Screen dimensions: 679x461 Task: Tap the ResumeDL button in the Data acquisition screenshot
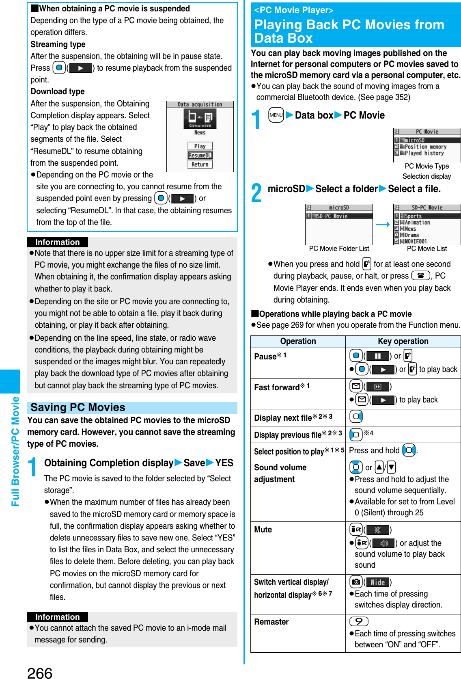[200, 155]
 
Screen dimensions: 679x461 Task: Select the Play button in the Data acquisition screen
[200, 146]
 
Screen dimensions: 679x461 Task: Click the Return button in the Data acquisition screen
[200, 164]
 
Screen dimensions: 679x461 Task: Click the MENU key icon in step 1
[276, 115]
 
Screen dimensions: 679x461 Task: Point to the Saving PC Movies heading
[78, 407]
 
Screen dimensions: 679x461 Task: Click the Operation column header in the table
[298, 341]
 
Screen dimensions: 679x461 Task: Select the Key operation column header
[403, 341]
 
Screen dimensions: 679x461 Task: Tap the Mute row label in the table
[263, 530]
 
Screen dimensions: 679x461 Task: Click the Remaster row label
[271, 622]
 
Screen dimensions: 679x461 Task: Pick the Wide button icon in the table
[377, 582]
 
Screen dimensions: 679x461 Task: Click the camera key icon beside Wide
[356, 582]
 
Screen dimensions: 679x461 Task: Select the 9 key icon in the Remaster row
[359, 621]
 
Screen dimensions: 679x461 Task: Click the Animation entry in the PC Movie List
[417, 223]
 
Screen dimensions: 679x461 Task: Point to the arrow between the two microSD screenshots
[383, 224]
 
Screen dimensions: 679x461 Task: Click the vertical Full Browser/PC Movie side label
[15, 451]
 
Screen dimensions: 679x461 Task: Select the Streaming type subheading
[58, 44]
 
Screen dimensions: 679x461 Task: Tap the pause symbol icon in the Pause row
[377, 356]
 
